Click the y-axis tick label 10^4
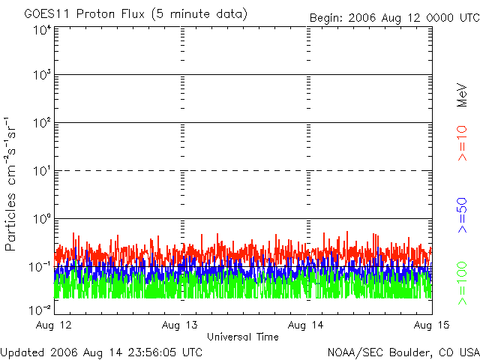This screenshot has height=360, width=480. [x=41, y=30]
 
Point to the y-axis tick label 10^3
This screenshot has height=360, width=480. [x=41, y=76]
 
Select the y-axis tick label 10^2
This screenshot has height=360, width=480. [x=41, y=123]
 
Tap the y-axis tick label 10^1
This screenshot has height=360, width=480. [x=41, y=171]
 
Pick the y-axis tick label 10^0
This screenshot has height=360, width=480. [x=41, y=219]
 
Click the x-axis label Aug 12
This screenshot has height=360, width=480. [x=55, y=325]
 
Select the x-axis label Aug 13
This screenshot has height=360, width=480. [x=181, y=325]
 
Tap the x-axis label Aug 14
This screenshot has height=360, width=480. [x=307, y=325]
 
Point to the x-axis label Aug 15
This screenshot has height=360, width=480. [x=432, y=325]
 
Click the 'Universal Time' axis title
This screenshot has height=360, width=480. [x=243, y=337]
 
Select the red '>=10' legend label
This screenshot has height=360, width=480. [x=462, y=142]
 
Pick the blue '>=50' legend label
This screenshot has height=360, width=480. [x=462, y=214]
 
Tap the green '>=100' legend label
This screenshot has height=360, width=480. [x=462, y=282]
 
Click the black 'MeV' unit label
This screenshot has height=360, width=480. [x=462, y=94]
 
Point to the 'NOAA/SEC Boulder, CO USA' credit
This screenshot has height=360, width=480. [x=403, y=352]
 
